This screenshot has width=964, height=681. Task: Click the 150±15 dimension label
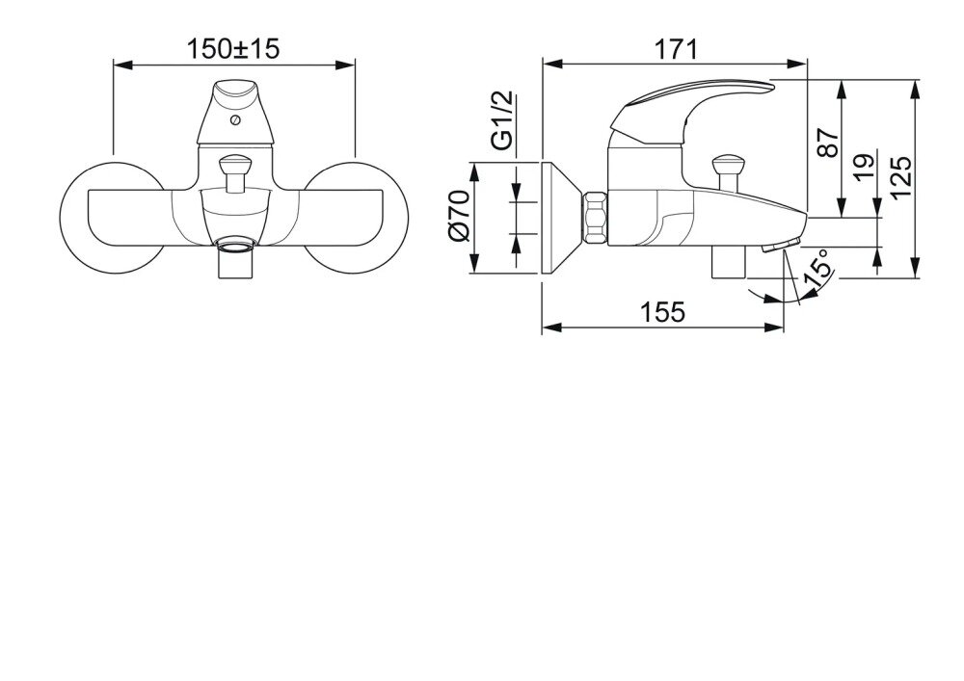click(x=232, y=48)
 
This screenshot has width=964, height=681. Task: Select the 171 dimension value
click(x=675, y=49)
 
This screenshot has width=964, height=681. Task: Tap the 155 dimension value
click(x=662, y=312)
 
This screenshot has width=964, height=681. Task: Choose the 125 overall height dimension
click(x=899, y=177)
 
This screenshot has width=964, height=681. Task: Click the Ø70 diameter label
click(x=459, y=216)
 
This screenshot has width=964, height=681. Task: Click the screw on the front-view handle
click(x=234, y=119)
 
